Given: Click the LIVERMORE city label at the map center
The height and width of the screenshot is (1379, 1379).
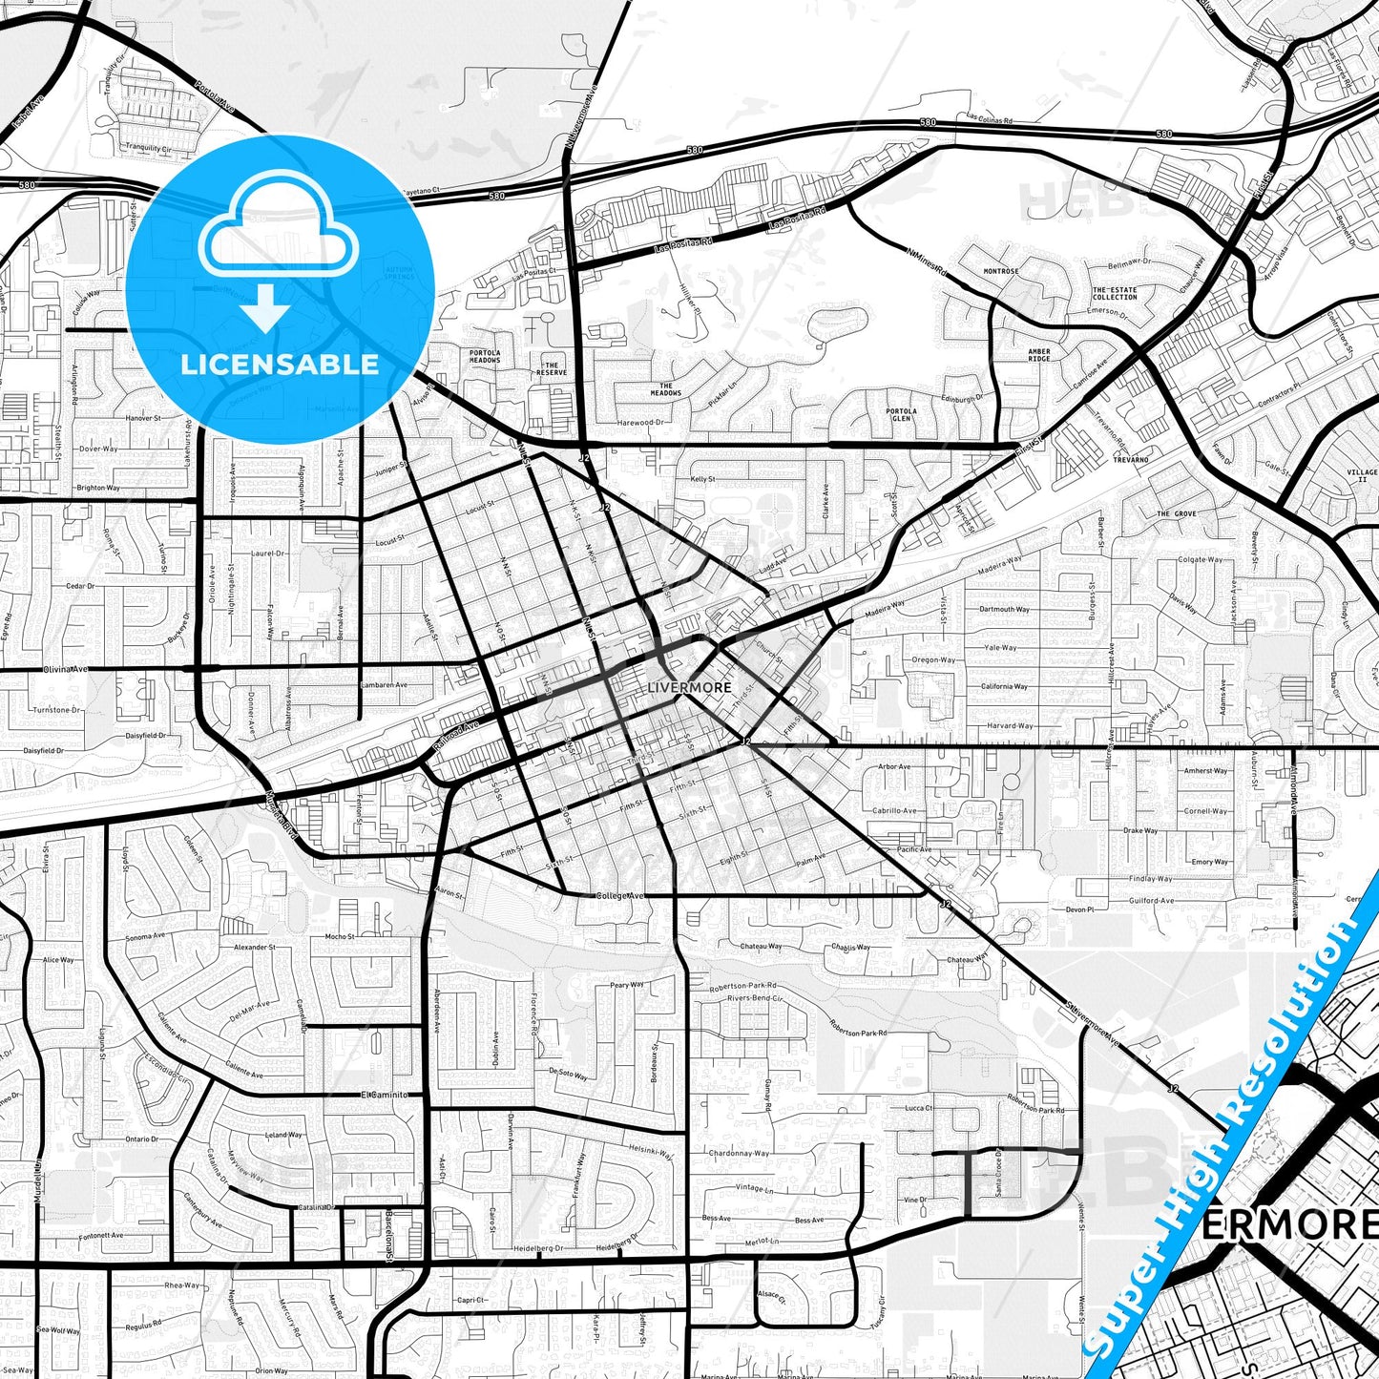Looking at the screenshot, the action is [689, 687].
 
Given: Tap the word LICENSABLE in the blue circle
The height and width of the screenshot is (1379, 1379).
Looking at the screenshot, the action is [280, 364].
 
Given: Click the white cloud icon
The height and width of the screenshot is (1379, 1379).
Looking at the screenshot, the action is [279, 226].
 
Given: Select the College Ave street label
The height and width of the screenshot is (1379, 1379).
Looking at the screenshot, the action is [619, 895].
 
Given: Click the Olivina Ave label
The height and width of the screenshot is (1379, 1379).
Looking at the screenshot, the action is [66, 669].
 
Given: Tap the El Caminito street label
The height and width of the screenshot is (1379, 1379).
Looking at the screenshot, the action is [385, 1095].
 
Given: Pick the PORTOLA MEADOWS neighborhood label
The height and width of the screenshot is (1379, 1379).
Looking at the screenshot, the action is [485, 356].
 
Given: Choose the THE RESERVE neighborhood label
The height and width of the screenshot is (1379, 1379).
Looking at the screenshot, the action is [551, 368].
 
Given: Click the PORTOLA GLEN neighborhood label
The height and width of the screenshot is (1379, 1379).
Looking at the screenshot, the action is [901, 415].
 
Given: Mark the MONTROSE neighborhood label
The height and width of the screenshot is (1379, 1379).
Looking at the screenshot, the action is [1001, 271].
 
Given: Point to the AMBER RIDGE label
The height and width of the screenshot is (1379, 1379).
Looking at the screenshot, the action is [1039, 355].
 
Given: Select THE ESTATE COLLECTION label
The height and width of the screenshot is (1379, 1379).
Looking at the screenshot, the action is [1115, 293].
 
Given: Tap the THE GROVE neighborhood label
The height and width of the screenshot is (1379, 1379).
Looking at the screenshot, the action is [1176, 513].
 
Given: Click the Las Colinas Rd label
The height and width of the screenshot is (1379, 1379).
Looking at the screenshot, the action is [989, 118].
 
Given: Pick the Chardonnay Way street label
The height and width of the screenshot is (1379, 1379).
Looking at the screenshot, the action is [739, 1153].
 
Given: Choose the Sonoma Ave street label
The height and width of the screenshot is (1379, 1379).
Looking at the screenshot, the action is [145, 937].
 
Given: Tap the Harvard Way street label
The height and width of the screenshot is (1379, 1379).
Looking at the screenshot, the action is [1010, 725].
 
